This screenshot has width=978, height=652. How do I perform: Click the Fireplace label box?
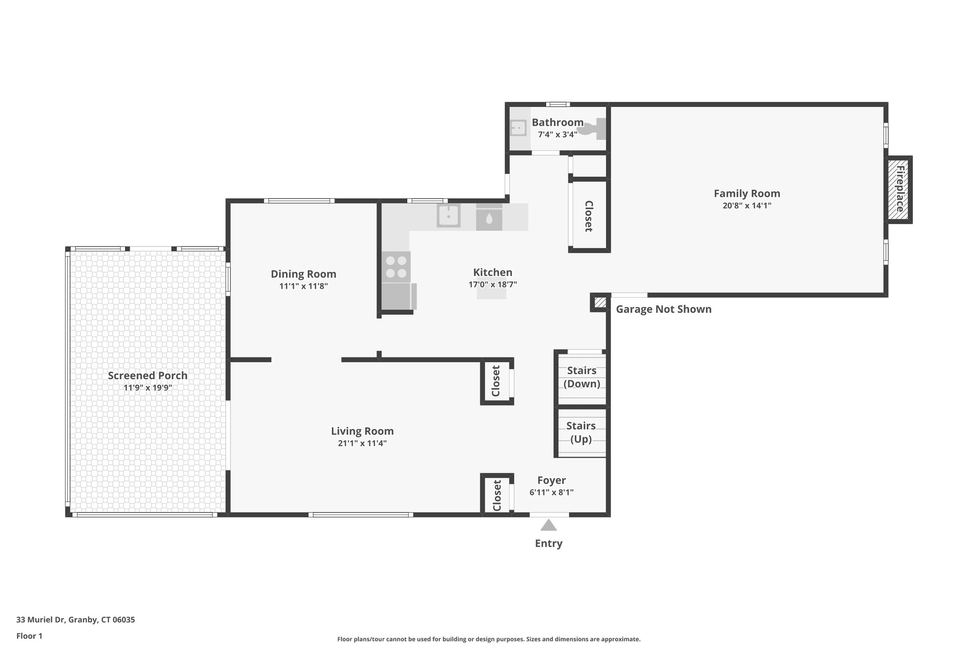[x=900, y=189]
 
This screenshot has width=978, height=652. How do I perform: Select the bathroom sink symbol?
[x=518, y=128]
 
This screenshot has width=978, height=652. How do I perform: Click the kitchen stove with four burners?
[x=396, y=267]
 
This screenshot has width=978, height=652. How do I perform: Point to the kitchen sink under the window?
[x=448, y=216]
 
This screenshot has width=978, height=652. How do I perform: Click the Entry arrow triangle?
[x=549, y=525]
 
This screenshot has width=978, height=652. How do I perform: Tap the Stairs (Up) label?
[x=581, y=432]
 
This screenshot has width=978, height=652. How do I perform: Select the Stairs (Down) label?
[x=582, y=377]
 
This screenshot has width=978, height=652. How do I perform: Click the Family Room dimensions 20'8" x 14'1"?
[x=747, y=206]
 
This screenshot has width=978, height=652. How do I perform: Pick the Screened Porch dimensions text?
[x=148, y=388]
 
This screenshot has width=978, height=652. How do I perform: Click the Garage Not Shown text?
[x=663, y=309]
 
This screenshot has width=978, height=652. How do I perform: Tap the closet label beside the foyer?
[x=497, y=495]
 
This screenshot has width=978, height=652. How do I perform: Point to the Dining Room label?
[x=303, y=274]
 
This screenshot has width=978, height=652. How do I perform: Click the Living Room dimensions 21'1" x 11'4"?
[x=362, y=443]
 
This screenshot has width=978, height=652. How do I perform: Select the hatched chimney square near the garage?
[x=600, y=302]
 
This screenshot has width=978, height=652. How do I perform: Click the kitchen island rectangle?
[x=491, y=294]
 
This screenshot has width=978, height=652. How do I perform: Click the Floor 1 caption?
[x=29, y=636]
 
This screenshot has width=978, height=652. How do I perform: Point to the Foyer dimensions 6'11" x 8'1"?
[x=551, y=492]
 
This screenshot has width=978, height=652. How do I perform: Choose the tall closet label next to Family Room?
[x=589, y=216]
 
